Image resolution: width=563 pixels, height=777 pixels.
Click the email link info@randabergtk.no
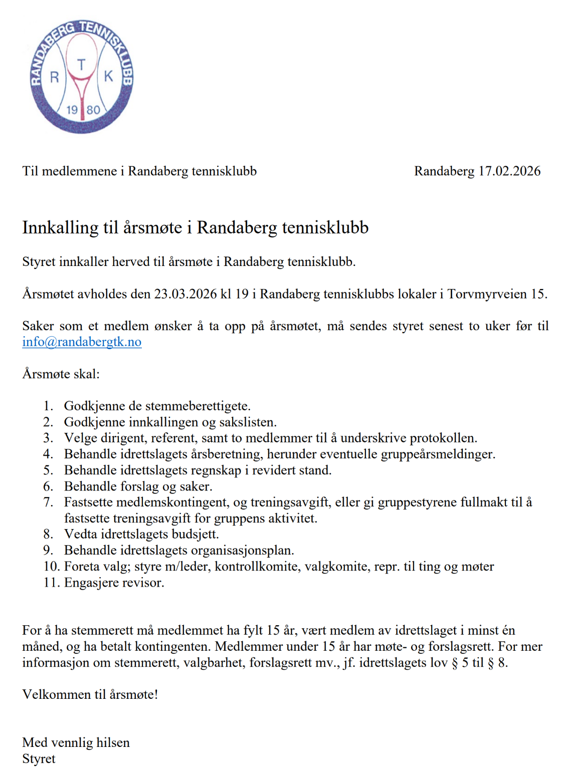(82, 342)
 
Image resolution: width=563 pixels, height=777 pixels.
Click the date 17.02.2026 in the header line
(509, 171)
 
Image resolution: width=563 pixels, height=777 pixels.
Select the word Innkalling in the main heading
(60, 227)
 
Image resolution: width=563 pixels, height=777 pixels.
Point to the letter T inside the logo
(81, 64)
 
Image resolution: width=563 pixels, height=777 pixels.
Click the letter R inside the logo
(55, 77)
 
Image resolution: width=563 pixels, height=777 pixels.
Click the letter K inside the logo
(108, 76)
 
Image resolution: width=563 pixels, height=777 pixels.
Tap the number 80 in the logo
(93, 110)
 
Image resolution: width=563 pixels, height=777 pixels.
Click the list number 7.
(48, 502)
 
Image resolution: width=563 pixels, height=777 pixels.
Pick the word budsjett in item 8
(195, 534)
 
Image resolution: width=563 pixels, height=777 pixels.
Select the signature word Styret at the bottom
(39, 758)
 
